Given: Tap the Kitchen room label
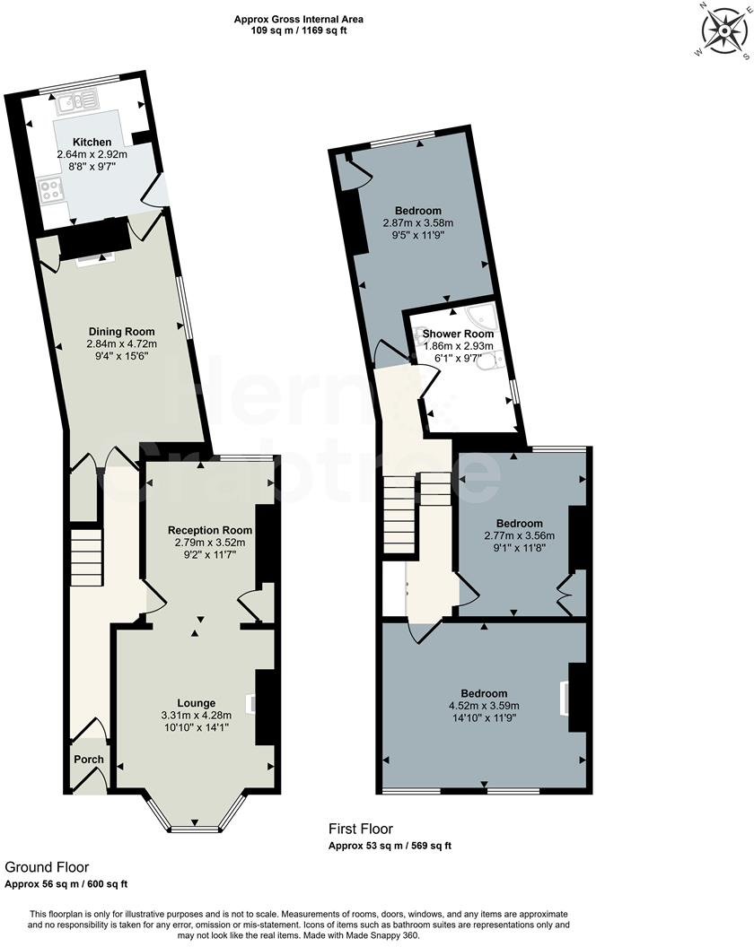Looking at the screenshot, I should (92, 142).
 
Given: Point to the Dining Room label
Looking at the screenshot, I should (121, 331).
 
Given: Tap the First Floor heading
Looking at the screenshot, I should (360, 830).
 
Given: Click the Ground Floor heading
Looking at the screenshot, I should (47, 867).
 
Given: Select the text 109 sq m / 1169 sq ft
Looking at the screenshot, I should (299, 30).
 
